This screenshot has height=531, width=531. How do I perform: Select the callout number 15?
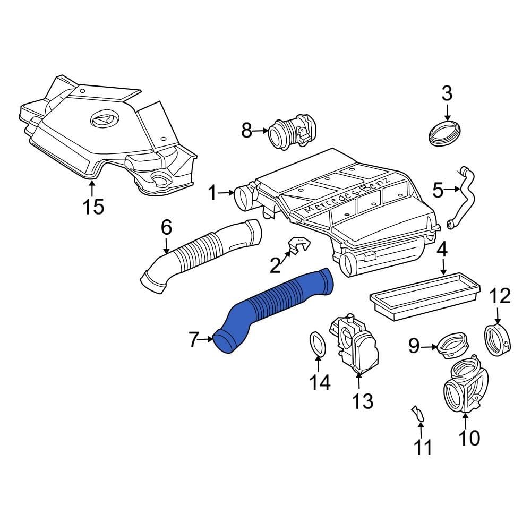pyautogui.click(x=94, y=207)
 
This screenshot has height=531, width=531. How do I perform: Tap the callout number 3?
pyautogui.click(x=447, y=93)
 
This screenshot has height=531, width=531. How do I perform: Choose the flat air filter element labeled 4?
pyautogui.click(x=425, y=297)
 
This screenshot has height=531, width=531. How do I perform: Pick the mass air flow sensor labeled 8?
pyautogui.click(x=292, y=133)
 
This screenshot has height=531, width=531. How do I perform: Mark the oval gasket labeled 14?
pyautogui.click(x=318, y=344)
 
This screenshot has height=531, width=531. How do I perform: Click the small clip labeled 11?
pyautogui.click(x=417, y=415)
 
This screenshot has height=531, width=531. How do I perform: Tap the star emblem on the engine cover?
pyautogui.click(x=105, y=119)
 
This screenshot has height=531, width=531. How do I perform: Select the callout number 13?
pyautogui.click(x=362, y=401)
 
